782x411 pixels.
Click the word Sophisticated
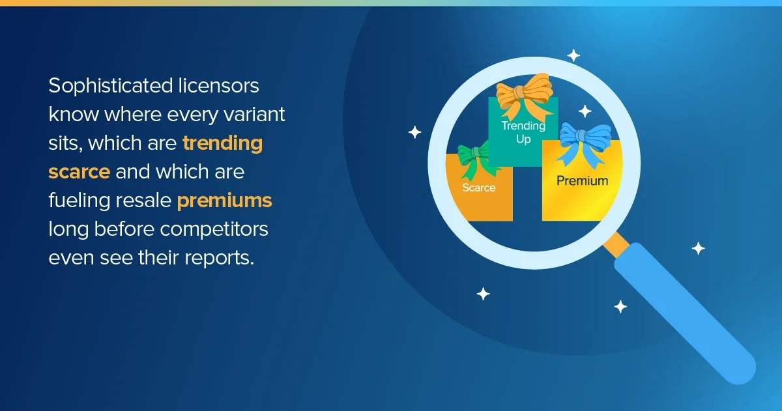click(x=111, y=87)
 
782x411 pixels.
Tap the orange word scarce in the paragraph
click(x=80, y=172)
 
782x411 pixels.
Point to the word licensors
click(x=218, y=86)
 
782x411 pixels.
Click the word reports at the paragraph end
click(x=219, y=259)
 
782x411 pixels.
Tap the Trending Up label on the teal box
click(x=523, y=132)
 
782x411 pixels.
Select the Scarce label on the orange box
click(x=479, y=188)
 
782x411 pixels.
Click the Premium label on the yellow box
click(x=583, y=181)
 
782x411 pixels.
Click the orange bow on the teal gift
click(x=525, y=95)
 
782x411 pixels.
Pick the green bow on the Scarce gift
click(x=476, y=159)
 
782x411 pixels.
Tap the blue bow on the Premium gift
click(x=583, y=144)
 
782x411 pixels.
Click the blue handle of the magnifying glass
click(x=685, y=313)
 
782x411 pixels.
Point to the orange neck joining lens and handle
click(x=616, y=245)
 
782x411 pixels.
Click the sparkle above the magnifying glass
click(x=573, y=55)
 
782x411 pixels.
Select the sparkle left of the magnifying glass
click(x=414, y=132)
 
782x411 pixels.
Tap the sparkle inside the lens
click(x=585, y=111)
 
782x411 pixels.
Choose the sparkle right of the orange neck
click(x=698, y=248)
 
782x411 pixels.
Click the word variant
click(x=254, y=114)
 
